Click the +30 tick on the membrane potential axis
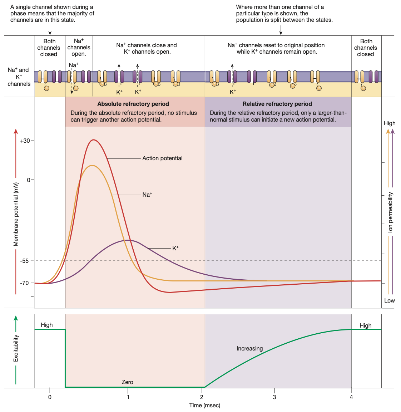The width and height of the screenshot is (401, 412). tap(25, 141)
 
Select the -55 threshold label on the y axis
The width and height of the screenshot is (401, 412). tap(24, 261)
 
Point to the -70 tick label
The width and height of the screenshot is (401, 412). tap(24, 283)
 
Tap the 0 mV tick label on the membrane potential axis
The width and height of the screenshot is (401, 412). tap(29, 180)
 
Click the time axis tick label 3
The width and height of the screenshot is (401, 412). tap(274, 397)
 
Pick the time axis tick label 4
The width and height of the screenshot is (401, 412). tap(351, 397)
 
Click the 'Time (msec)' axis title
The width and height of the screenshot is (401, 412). tap(205, 405)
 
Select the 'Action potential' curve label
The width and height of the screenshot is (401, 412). tap(162, 158)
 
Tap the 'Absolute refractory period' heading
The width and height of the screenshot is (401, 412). tap(133, 104)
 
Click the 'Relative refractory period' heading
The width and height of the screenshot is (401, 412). tap(277, 104)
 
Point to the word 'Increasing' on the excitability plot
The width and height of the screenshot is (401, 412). tap(249, 348)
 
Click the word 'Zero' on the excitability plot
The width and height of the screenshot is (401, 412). tap(127, 382)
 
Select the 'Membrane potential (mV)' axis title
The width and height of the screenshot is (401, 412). tap(16, 214)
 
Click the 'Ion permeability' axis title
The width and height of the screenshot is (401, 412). tap(390, 212)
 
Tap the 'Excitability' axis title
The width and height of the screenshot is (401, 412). tap(16, 348)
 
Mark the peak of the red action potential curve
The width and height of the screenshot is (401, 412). tap(94, 140)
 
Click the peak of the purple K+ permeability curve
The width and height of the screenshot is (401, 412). tap(128, 240)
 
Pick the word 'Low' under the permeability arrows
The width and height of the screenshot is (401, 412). tap(389, 300)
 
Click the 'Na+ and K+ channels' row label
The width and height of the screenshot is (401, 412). tap(19, 77)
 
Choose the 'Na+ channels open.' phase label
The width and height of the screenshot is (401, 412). tap(79, 47)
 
